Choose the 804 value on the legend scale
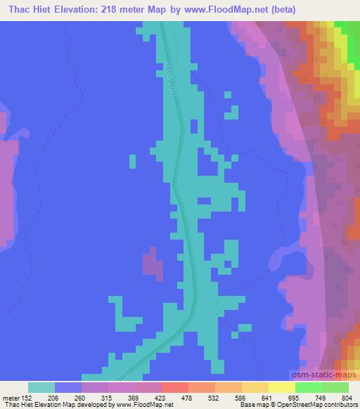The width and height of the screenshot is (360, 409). tap(344, 396)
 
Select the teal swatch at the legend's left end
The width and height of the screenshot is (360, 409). tap(41, 387)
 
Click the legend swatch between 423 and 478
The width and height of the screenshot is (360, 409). tap(174, 387)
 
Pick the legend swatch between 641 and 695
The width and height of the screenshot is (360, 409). tap(281, 387)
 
